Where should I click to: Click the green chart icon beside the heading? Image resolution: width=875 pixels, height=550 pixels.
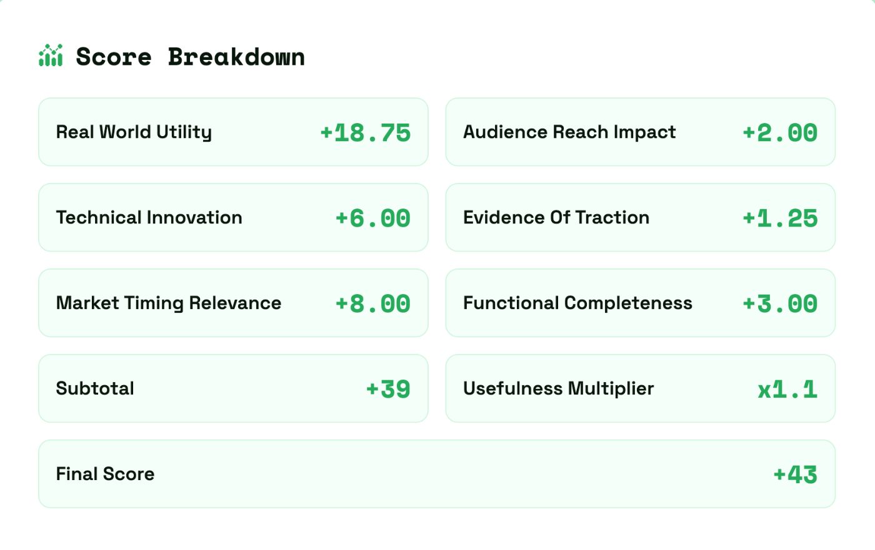(x=51, y=56)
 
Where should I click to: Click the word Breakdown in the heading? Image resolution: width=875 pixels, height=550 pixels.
(x=236, y=57)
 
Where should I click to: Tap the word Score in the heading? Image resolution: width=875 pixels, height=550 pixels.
(x=114, y=57)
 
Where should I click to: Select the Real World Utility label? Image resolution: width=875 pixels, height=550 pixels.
(x=134, y=132)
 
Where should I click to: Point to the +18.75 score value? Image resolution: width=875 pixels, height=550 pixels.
(x=365, y=133)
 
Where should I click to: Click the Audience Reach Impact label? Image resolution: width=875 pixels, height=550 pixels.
(x=569, y=132)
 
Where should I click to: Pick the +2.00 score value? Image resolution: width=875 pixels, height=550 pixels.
(x=780, y=133)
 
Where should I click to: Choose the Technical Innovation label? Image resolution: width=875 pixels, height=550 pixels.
(x=149, y=218)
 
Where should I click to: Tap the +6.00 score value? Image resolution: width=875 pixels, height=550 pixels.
(x=372, y=219)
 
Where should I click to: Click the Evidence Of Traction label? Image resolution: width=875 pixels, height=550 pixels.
(x=556, y=218)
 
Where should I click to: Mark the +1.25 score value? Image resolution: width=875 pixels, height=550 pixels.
(x=780, y=219)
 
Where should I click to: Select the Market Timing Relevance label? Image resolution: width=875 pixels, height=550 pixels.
(x=169, y=303)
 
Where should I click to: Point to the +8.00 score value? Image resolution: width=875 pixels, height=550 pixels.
(x=372, y=304)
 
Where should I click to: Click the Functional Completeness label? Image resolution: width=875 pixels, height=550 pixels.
(x=577, y=303)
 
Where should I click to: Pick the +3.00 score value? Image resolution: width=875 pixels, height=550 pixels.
(x=780, y=304)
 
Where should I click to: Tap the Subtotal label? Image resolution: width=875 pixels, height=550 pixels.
(x=95, y=389)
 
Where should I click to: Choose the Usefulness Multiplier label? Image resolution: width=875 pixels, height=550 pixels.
(x=558, y=389)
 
